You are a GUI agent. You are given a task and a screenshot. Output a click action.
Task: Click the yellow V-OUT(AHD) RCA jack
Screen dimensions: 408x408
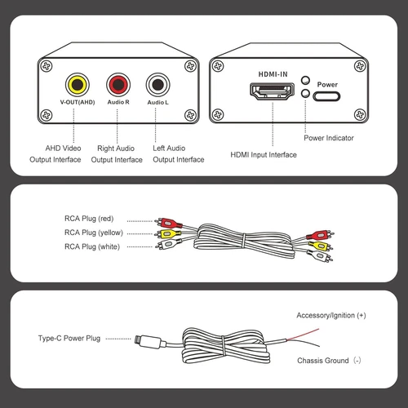tap(78, 82)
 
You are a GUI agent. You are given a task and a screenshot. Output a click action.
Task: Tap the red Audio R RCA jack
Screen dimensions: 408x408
tap(118, 82)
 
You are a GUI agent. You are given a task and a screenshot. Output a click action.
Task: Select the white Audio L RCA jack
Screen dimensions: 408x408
tap(157, 82)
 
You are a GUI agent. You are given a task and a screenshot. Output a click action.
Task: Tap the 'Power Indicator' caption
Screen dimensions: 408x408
tap(329, 138)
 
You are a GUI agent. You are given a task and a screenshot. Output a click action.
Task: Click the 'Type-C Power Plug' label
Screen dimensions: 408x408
tap(69, 337)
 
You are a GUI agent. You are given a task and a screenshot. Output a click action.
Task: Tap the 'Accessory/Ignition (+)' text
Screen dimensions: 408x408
tap(331, 314)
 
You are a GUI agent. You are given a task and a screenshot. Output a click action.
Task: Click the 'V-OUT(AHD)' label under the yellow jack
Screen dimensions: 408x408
tap(78, 102)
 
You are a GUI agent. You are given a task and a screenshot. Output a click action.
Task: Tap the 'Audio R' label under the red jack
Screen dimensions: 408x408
tap(118, 102)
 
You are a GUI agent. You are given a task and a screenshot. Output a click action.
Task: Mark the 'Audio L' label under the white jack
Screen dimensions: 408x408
tap(157, 102)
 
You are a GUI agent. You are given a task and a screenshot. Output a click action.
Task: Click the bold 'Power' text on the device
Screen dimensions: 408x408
tap(326, 83)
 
